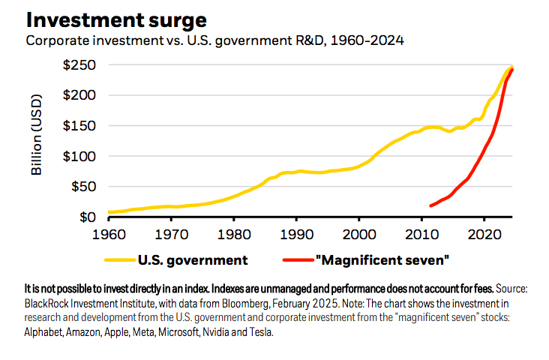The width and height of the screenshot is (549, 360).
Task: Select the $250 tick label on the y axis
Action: [79, 65]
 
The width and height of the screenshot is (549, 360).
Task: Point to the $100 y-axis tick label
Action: [79, 156]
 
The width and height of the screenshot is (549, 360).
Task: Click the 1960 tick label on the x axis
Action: [108, 234]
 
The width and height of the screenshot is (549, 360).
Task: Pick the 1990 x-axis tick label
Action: [298, 234]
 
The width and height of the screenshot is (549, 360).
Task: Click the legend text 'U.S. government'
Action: [192, 261]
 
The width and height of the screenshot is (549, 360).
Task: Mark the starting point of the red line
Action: [430, 205]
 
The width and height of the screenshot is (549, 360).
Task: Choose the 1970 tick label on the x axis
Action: [171, 234]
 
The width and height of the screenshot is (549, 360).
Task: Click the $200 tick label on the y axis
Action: [79, 95]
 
